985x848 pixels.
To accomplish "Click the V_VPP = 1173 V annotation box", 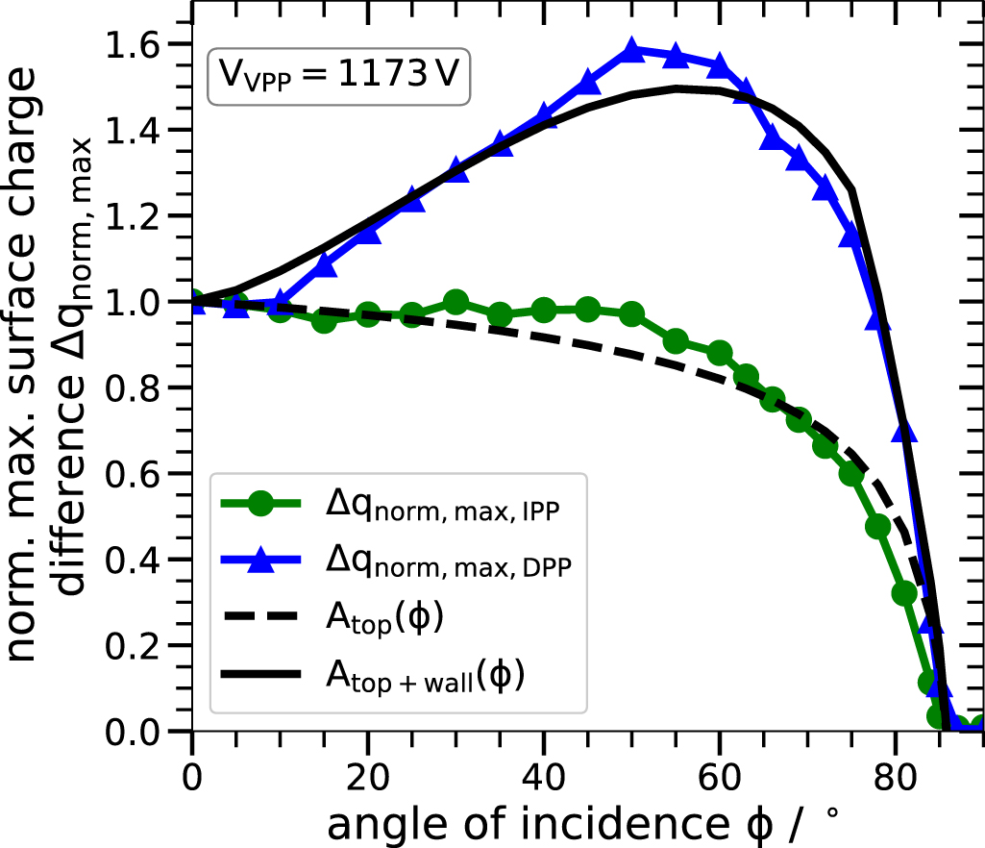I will [337, 75].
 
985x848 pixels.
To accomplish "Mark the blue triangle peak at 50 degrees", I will [631, 50].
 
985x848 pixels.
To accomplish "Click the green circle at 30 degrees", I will [456, 303].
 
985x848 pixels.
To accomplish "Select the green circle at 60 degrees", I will [719, 353].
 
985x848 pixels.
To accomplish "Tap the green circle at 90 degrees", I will [977, 726].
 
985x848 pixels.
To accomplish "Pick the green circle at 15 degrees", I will [325, 320].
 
